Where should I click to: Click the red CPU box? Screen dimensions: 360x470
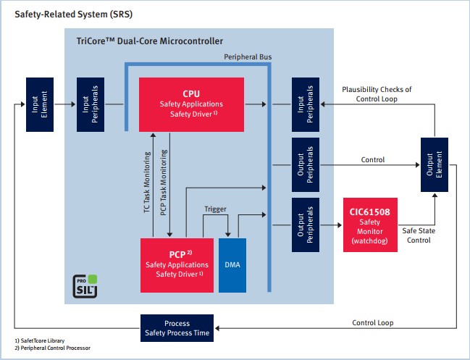tap(191, 104)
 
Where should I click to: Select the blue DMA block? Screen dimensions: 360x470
tap(232, 265)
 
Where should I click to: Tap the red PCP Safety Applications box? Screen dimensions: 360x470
tap(177, 264)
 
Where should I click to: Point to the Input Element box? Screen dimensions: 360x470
tap(38, 104)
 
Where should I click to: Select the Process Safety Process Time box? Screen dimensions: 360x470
tap(177, 328)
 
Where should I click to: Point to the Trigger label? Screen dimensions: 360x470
tap(215, 209)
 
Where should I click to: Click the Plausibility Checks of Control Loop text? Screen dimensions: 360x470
tap(376, 94)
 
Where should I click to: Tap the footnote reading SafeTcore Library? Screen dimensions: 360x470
tap(40, 341)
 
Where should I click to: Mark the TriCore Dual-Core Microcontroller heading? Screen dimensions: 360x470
tap(150, 41)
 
